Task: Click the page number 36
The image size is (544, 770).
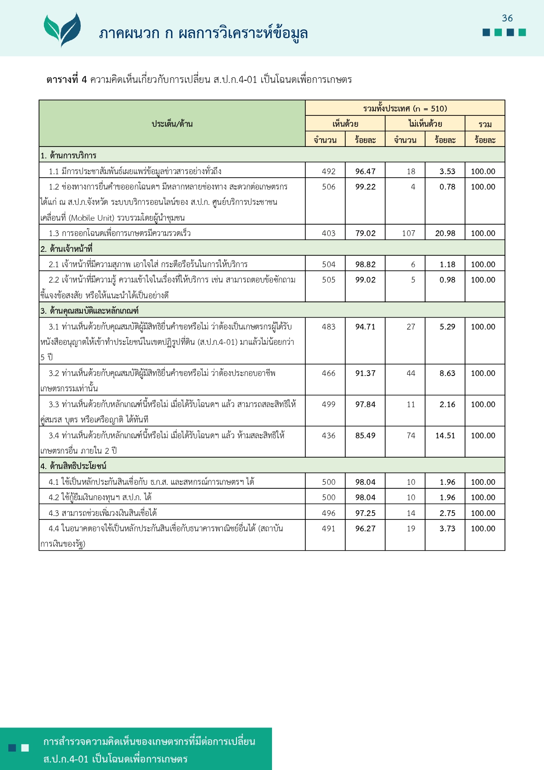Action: [x=507, y=18]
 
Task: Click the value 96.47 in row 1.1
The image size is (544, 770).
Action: [x=365, y=172]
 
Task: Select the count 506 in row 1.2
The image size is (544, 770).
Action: [x=329, y=187]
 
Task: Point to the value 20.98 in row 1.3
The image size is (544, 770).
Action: [x=445, y=233]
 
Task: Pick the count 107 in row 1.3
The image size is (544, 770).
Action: [x=408, y=233]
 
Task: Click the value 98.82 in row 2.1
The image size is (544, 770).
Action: [x=365, y=265]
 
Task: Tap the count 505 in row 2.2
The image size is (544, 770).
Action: [x=329, y=280]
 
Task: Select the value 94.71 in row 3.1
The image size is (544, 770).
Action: [x=365, y=327]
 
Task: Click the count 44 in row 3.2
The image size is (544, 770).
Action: [x=411, y=373]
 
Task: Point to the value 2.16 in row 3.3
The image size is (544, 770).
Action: [x=447, y=405]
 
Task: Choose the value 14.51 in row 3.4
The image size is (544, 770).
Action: [x=445, y=436]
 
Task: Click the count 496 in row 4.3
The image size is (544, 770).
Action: [x=329, y=513]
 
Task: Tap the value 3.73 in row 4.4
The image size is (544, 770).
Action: [x=447, y=529]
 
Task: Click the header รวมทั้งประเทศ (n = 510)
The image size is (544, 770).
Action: [x=405, y=108]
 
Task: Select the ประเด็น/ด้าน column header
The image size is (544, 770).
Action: [x=172, y=124]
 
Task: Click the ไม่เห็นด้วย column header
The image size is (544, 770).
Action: [x=425, y=124]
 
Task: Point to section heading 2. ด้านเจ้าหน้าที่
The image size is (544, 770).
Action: [x=67, y=249]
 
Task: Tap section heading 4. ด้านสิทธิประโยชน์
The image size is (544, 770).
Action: [x=74, y=466]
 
